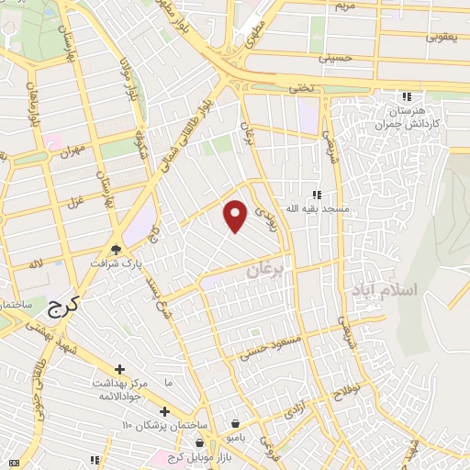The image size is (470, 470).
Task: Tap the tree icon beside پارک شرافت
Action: coord(117,248)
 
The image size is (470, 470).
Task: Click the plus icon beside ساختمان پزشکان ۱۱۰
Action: coord(165,412)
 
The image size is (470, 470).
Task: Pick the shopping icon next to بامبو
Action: coord(238,423)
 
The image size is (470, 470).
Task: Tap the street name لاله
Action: coord(35,264)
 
